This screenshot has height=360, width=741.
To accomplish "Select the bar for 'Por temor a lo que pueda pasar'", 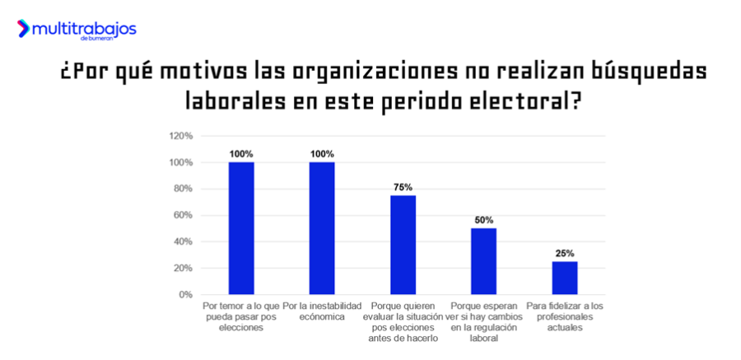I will (x=241, y=228).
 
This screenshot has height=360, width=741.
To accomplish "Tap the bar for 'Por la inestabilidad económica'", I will (x=322, y=228).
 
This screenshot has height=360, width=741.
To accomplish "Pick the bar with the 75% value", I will (x=403, y=245).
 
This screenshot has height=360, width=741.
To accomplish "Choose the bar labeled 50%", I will (x=483, y=261).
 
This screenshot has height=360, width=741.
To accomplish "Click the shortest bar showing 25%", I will (x=564, y=278).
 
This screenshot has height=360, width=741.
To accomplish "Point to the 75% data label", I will (x=403, y=187).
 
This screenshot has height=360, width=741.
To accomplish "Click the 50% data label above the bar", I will (x=483, y=220).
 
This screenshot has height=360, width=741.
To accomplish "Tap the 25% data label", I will (x=564, y=253).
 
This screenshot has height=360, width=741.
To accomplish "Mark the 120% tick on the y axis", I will (x=180, y=136).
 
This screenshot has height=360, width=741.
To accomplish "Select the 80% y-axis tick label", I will (x=183, y=189).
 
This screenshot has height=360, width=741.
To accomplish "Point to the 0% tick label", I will (x=185, y=294).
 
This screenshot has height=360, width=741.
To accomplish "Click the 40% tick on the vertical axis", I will (x=183, y=241).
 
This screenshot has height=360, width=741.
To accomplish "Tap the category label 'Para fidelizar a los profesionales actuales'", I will (x=564, y=316).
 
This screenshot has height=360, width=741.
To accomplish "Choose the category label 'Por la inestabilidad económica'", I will (x=322, y=311).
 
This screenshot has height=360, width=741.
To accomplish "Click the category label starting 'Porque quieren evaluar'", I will (x=403, y=321).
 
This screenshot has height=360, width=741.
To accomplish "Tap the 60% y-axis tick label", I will (x=183, y=215).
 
